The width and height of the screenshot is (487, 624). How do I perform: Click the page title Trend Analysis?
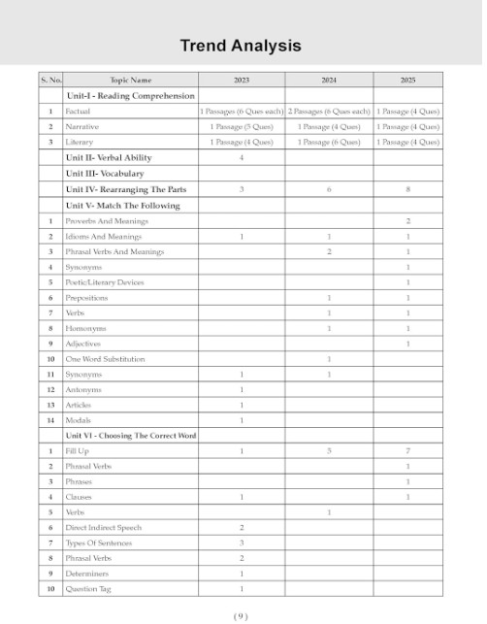coord(241,46)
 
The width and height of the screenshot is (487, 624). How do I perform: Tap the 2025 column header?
coord(407,81)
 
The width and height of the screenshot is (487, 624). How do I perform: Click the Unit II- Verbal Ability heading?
coord(109,157)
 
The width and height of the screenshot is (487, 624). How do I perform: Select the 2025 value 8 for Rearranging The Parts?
coord(407,189)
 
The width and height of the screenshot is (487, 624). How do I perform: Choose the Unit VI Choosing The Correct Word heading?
coord(131,436)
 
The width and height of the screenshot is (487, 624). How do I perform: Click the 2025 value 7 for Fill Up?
coord(407,451)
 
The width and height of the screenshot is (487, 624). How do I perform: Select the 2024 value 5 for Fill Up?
coord(330,451)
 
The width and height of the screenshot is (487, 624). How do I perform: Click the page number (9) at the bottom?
coord(242,615)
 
